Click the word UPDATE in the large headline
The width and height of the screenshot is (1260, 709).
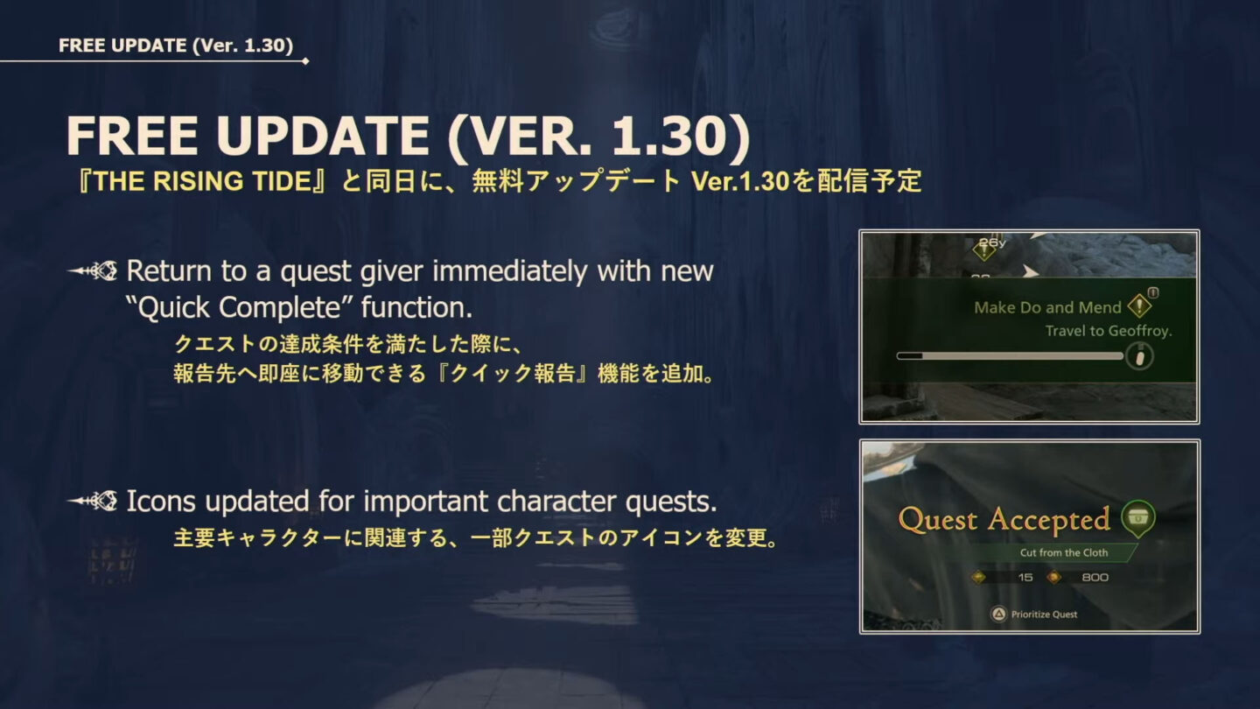click(x=323, y=137)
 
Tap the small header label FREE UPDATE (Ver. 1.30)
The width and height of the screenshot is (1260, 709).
click(x=175, y=46)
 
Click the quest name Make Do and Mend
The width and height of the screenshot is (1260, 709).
click(x=1047, y=307)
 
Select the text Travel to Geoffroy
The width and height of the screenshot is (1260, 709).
click(x=1108, y=331)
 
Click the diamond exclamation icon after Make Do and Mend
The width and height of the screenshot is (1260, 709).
click(x=1140, y=305)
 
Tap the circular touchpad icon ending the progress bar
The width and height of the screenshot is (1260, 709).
click(x=1138, y=356)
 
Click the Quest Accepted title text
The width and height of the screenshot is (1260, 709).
click(x=1004, y=520)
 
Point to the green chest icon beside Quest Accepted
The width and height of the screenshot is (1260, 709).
click(x=1137, y=518)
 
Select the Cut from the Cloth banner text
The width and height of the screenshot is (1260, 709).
click(x=1063, y=552)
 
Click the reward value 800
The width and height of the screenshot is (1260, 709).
click(x=1095, y=578)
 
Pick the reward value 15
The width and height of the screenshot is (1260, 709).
click(x=1025, y=578)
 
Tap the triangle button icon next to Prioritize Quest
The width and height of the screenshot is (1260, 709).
click(x=998, y=614)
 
